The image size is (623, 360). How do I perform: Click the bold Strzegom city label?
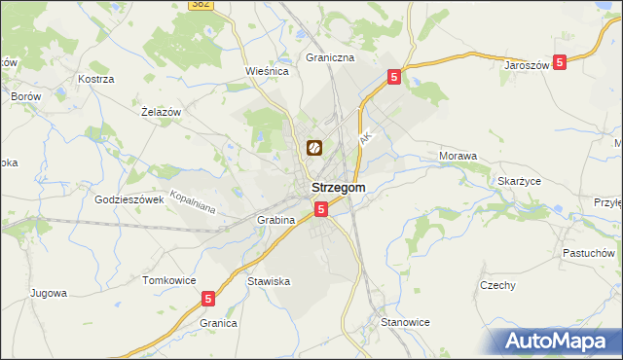(338, 187)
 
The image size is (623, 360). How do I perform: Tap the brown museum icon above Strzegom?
(315, 149)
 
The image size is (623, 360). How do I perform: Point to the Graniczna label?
(330, 57)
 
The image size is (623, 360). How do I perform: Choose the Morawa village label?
(458, 156)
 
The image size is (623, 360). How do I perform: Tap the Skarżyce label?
(519, 182)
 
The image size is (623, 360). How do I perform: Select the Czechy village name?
(497, 285)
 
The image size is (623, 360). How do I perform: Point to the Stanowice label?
(405, 321)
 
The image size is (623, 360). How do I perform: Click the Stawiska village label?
(269, 281)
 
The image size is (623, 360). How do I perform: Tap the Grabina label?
(275, 220)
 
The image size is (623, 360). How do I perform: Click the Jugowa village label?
(48, 292)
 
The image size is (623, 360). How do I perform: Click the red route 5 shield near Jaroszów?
(560, 62)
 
